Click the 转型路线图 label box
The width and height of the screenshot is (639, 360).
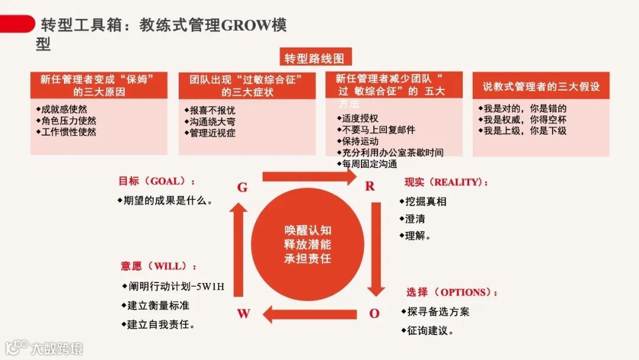pos(314,58)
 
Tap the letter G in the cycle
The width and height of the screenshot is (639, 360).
pos(242,188)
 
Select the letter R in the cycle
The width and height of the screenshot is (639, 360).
pos(370,187)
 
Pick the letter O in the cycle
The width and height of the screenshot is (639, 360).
pos(374,314)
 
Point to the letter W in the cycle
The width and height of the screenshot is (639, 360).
pos(244,314)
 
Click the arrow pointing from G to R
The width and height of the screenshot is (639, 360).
pos(308,176)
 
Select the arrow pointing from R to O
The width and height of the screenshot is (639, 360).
pos(375,249)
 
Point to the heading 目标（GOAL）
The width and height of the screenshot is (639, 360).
pos(156,181)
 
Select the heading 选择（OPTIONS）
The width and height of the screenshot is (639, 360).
pos(451,292)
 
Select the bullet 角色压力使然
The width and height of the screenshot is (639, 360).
pos(68,120)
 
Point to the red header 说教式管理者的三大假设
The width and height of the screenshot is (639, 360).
pos(541,86)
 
